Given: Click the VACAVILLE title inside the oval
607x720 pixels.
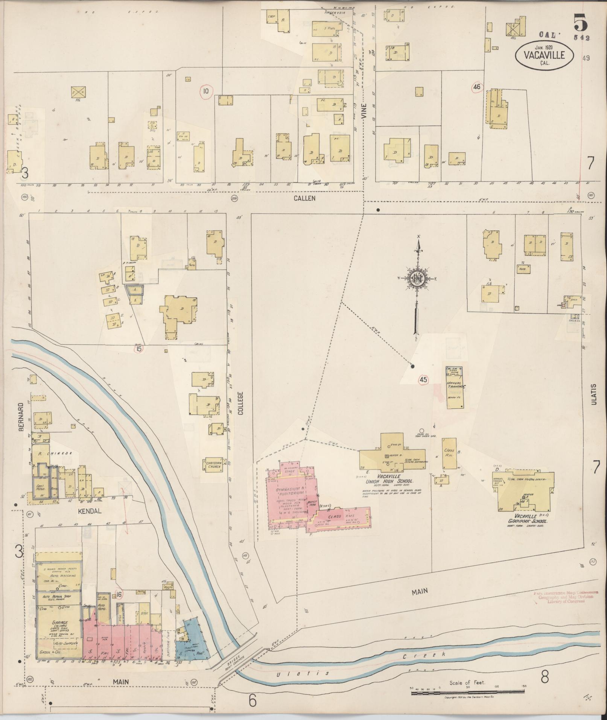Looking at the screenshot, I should click(x=545, y=55).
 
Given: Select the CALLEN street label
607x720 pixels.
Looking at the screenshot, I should click(x=305, y=198).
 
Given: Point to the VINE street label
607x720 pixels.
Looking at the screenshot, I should click(x=364, y=111).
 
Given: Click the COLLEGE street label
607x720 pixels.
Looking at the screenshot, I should click(x=241, y=403).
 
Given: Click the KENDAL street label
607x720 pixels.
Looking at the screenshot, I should click(x=90, y=511).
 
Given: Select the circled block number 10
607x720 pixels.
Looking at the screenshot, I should click(x=206, y=91).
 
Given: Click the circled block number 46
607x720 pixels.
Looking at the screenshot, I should click(x=477, y=87).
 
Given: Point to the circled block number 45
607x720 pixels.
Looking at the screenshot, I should click(x=423, y=380).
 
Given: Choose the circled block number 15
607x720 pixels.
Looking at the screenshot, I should click(x=140, y=349).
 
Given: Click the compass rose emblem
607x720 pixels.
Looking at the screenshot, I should click(x=417, y=278).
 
